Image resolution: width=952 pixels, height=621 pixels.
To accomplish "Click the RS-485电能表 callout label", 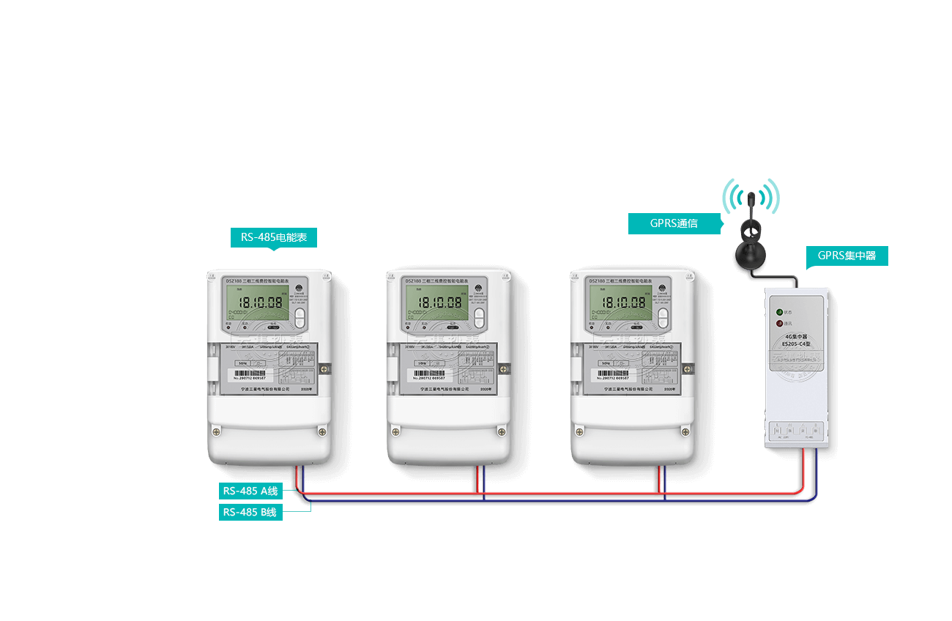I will [x=274, y=237].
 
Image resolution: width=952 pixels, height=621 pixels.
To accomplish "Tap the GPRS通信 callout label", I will [x=674, y=224].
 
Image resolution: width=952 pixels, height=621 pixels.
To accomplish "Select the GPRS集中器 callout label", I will [x=847, y=256].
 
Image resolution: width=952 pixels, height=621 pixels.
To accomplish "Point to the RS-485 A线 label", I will [x=250, y=491].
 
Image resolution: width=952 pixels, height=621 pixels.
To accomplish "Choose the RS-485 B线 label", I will [x=250, y=512].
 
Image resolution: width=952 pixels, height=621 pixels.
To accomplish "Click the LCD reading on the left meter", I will [x=257, y=302].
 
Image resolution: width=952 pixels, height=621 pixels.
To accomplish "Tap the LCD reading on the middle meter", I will [x=438, y=302].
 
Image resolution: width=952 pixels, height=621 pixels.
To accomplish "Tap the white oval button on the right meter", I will [x=663, y=317].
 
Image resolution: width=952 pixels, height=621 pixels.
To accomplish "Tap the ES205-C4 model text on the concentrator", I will [x=795, y=343].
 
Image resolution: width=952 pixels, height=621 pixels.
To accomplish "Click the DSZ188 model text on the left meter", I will [x=219, y=280].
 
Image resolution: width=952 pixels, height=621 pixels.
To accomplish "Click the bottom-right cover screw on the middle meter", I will [x=502, y=431].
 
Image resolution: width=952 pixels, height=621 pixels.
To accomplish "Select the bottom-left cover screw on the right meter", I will [x=579, y=431].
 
